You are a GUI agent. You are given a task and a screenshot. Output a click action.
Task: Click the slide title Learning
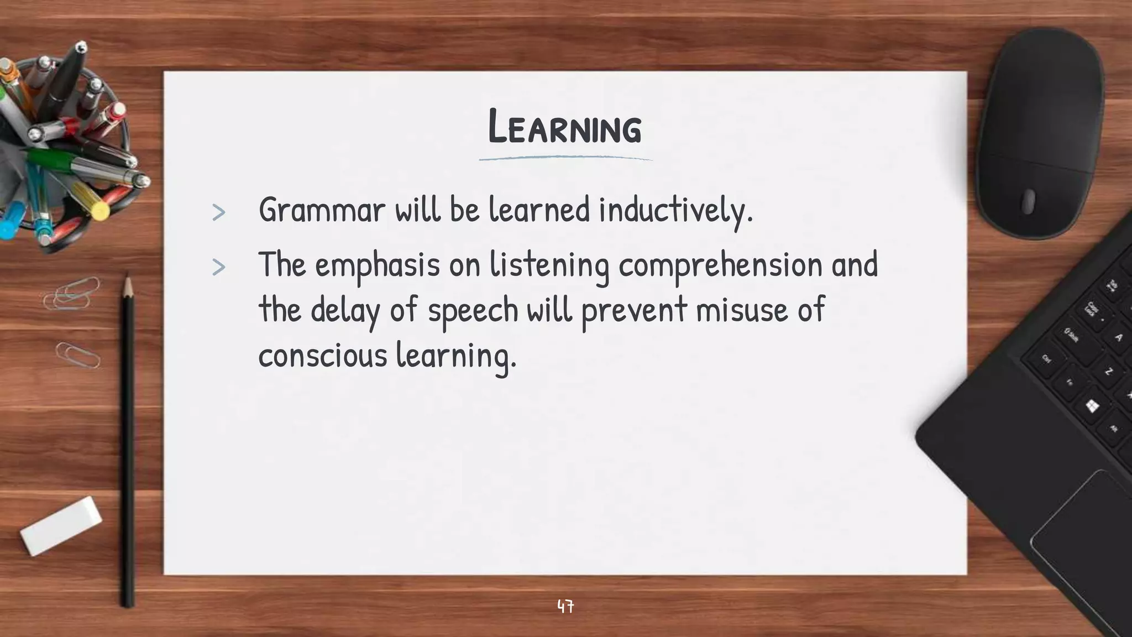(x=565, y=128)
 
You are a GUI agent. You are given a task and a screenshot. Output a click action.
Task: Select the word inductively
(x=675, y=210)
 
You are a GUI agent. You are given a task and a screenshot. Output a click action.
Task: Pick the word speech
(x=473, y=310)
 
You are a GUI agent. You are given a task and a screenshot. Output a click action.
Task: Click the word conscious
(x=323, y=354)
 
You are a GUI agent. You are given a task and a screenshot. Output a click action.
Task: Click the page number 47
(x=565, y=607)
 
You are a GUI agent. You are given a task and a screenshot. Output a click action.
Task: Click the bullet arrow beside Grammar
(x=219, y=212)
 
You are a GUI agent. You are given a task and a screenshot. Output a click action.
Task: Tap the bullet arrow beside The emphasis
(x=219, y=268)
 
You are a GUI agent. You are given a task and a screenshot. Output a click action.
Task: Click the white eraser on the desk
(x=61, y=525)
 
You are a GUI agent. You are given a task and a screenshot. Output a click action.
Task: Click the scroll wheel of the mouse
(x=1028, y=201)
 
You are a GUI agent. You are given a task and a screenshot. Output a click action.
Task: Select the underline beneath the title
(x=565, y=159)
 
